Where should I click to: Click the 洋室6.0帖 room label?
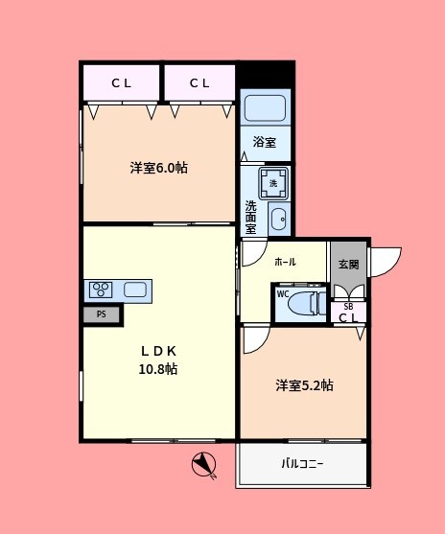159,168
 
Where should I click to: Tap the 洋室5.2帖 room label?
305,385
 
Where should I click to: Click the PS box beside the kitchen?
101,313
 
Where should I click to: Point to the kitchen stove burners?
101,289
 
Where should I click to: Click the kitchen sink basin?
135,289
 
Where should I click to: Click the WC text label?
282,293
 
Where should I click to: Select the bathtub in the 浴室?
264,108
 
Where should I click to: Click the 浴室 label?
265,143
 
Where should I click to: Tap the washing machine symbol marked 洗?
273,181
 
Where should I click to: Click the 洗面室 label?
250,217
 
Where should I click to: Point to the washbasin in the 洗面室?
278,220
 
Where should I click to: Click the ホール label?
285,262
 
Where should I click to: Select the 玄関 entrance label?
348,265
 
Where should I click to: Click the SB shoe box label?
348,306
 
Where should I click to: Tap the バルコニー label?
302,464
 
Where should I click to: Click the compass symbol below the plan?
203,464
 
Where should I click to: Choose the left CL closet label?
121,83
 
